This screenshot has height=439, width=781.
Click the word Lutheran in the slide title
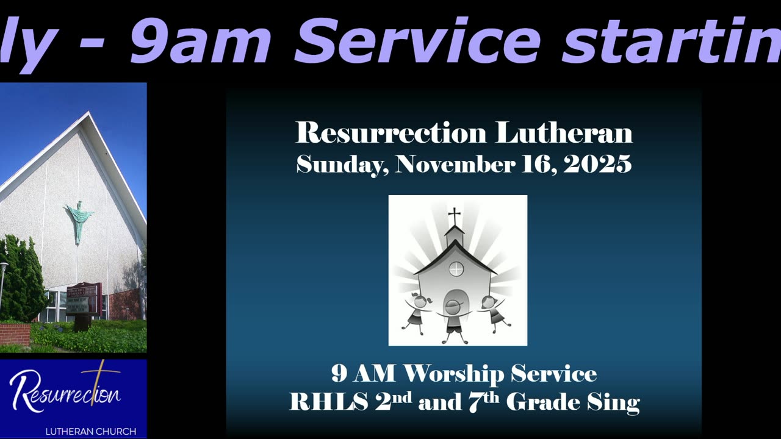(564, 133)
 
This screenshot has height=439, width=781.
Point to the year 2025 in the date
(597, 164)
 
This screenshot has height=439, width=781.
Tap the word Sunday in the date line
(342, 165)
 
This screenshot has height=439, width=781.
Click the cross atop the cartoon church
(455, 216)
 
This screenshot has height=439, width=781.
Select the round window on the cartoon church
(456, 269)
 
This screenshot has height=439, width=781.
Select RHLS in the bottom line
(329, 402)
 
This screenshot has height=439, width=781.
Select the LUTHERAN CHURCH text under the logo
(90, 432)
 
